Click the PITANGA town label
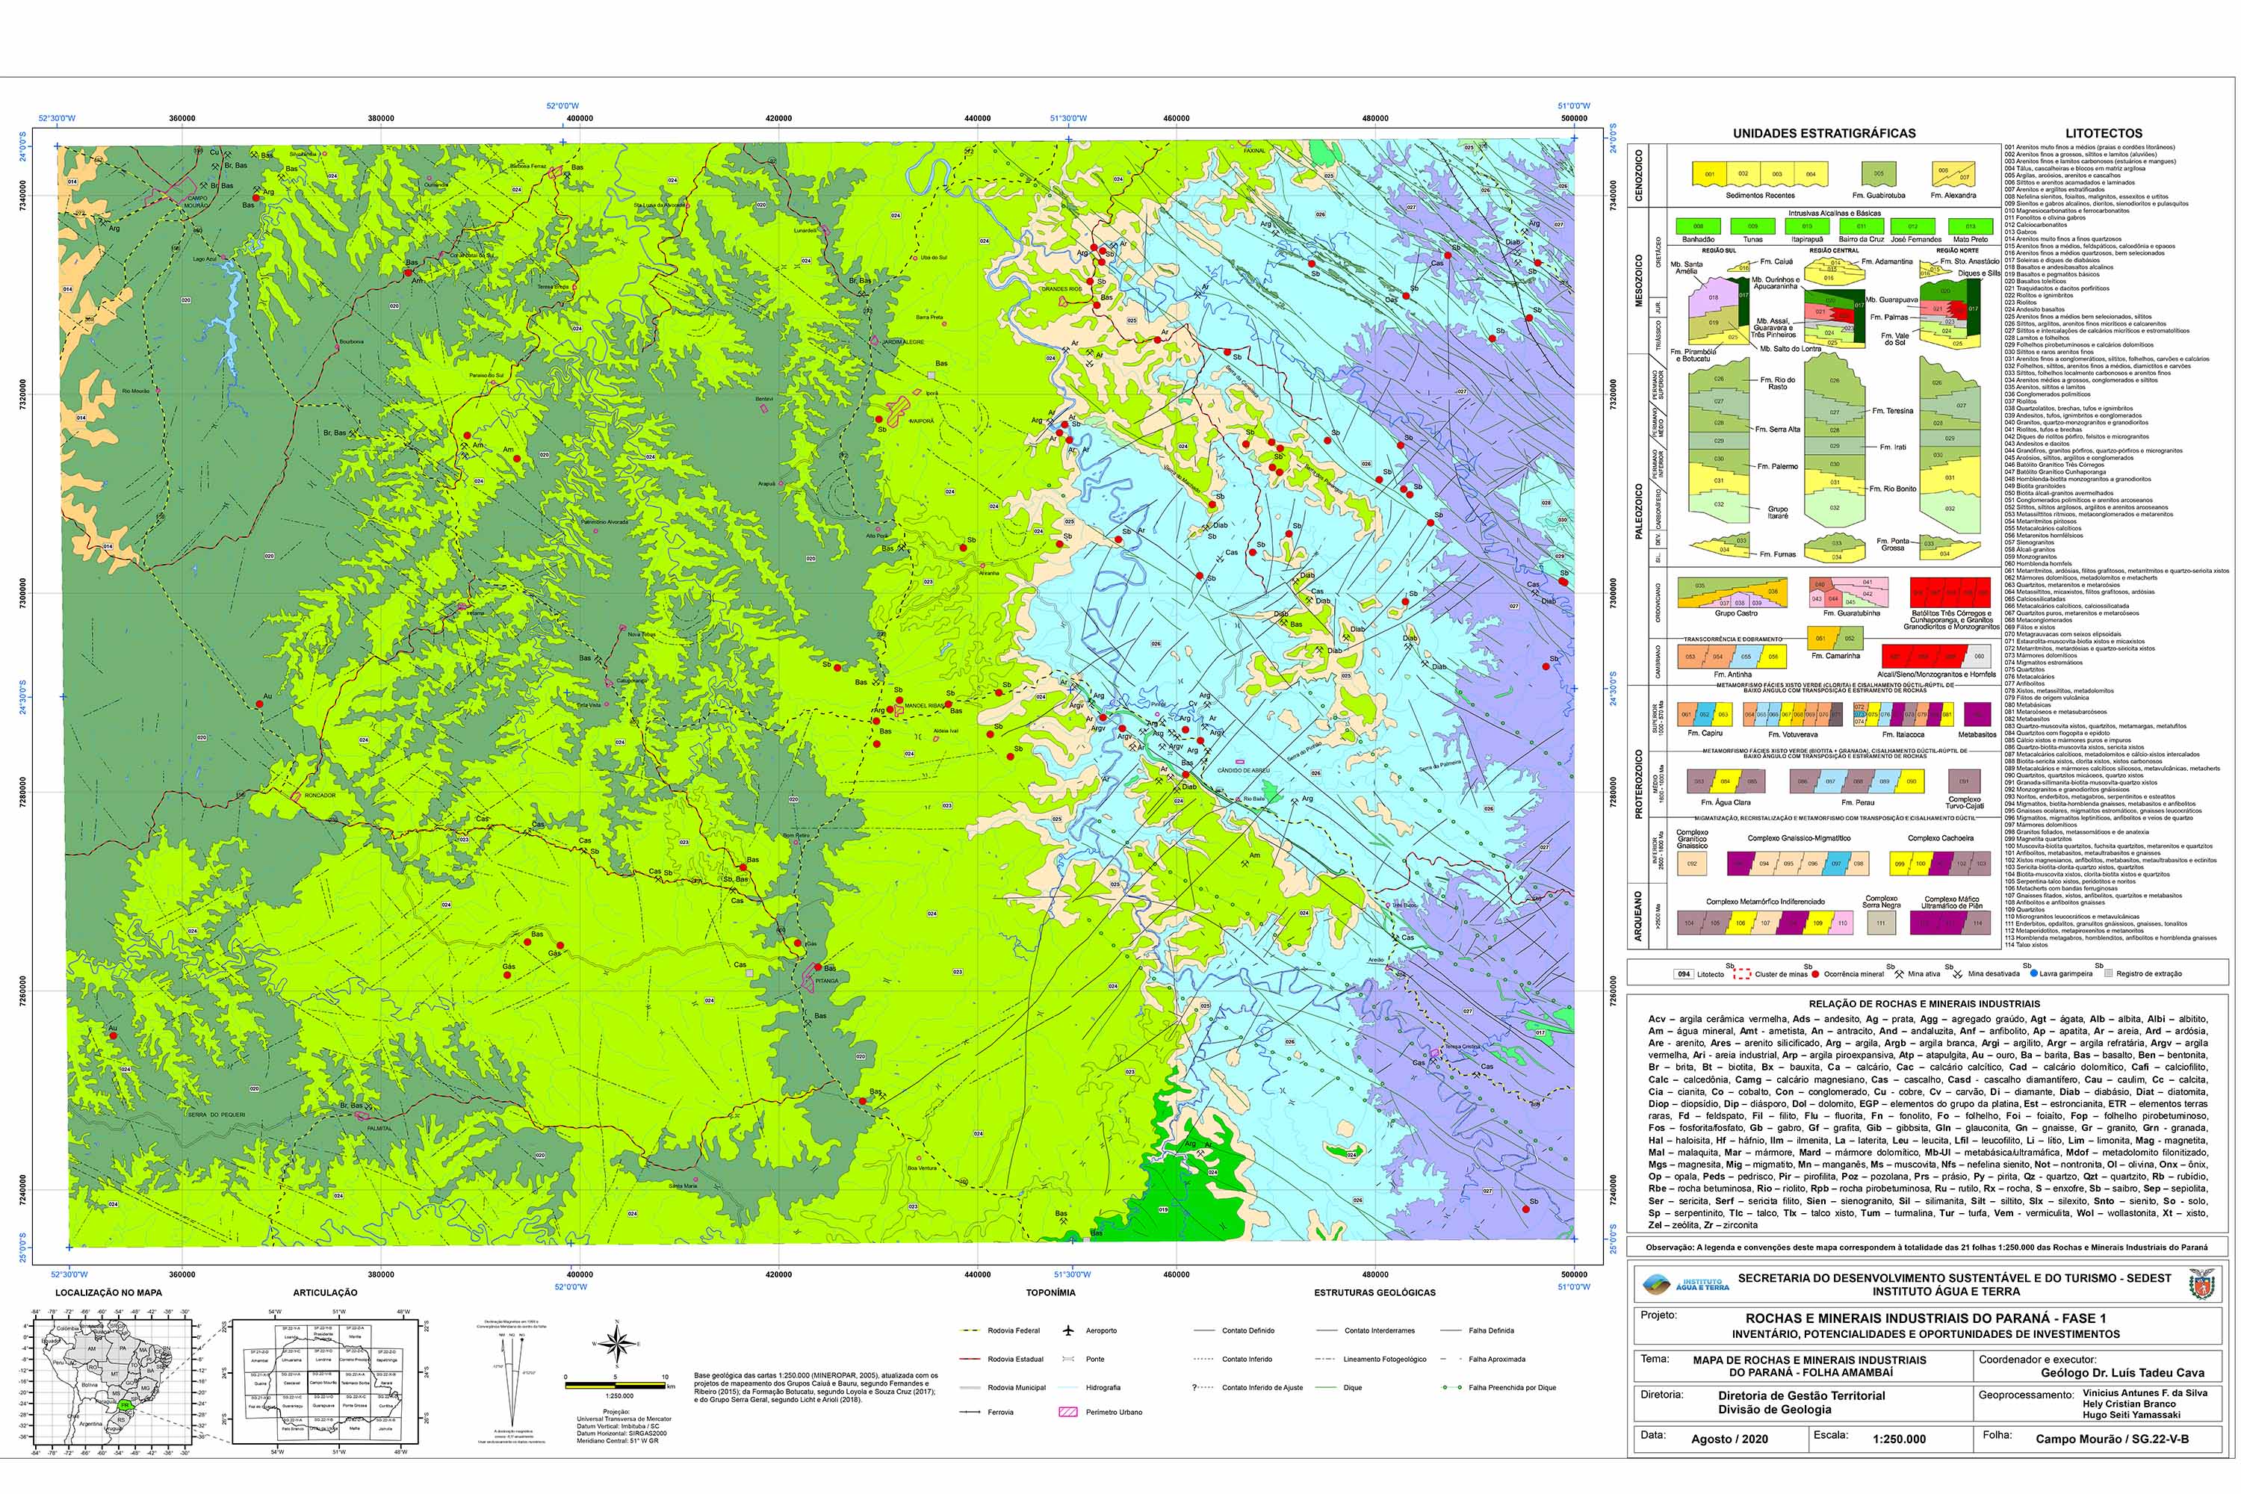point(826,980)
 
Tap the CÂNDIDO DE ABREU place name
point(1242,770)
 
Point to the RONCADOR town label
point(319,796)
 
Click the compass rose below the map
point(616,1345)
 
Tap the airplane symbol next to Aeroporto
point(1068,1330)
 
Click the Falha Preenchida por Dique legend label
point(1512,1387)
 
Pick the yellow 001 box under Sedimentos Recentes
point(1709,174)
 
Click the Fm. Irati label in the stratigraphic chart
point(1892,447)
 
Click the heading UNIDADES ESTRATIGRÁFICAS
point(1823,134)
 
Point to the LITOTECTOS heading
point(2103,134)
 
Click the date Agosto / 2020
point(1729,1439)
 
